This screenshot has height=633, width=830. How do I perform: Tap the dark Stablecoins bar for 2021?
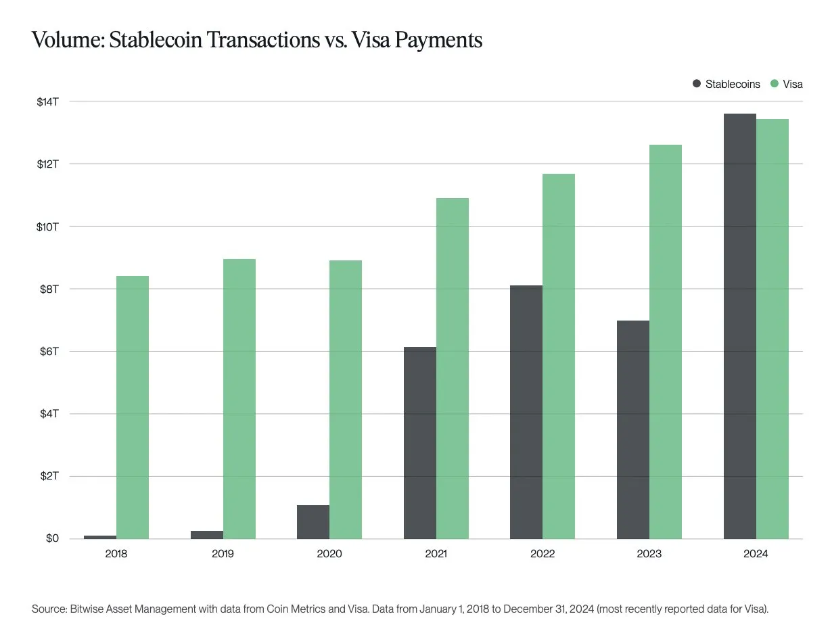click(419, 443)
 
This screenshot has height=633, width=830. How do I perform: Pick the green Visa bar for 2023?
click(666, 342)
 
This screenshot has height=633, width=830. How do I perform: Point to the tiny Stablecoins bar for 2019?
click(207, 535)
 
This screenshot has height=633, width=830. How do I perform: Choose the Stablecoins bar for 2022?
click(526, 412)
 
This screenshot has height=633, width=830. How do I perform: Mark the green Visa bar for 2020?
click(346, 400)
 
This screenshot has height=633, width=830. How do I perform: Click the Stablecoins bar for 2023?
click(633, 429)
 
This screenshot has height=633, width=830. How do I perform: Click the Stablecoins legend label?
click(733, 84)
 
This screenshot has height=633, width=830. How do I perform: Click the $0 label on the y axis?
click(53, 539)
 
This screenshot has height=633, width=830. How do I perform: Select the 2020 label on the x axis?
click(329, 554)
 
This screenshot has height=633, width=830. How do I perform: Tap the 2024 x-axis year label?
click(756, 554)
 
